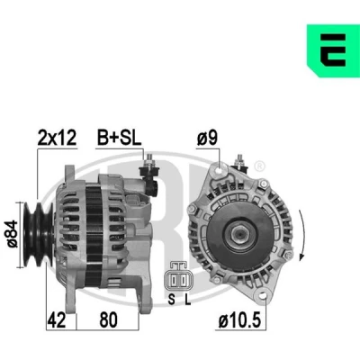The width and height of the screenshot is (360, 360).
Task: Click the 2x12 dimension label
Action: (57, 138)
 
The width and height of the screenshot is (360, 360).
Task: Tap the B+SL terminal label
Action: (119, 138)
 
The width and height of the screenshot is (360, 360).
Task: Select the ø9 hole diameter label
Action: (207, 138)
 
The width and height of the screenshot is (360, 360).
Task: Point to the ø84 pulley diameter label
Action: (13, 234)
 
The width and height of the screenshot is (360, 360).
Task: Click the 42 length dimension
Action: (57, 320)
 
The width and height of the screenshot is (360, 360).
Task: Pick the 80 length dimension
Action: (108, 320)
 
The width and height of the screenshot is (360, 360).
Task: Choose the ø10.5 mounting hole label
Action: (239, 320)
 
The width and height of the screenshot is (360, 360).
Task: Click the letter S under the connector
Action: (172, 299)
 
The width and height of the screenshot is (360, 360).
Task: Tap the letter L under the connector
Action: (188, 299)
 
